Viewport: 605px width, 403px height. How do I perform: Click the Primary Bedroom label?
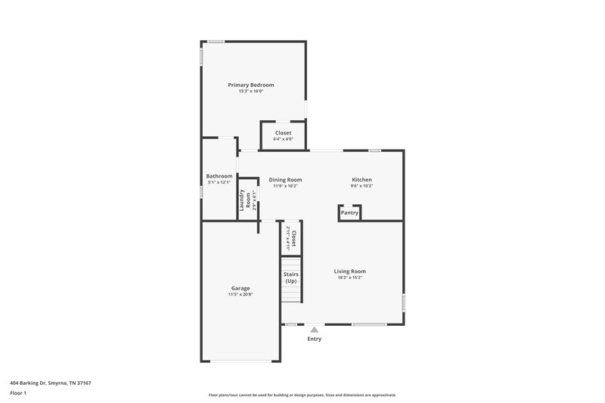click(251, 85)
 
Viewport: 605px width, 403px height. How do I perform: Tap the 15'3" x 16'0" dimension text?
click(251, 91)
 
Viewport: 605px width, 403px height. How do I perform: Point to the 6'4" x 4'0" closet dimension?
click(283, 139)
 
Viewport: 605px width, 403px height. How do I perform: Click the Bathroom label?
click(219, 176)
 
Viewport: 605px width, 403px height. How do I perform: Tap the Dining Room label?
click(285, 180)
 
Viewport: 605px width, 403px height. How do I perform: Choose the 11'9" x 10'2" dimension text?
click(285, 186)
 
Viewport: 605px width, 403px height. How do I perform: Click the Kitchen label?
click(361, 180)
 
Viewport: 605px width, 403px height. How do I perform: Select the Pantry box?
click(349, 213)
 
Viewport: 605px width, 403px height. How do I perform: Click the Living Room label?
click(351, 271)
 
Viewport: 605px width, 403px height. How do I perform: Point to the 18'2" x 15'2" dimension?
click(351, 277)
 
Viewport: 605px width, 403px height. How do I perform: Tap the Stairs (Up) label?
click(291, 277)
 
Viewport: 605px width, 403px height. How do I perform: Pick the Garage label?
click(240, 288)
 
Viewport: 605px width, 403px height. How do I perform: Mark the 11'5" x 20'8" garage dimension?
click(240, 295)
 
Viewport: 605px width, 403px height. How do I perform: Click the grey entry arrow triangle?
click(315, 330)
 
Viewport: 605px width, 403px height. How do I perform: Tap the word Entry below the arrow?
click(315, 339)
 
